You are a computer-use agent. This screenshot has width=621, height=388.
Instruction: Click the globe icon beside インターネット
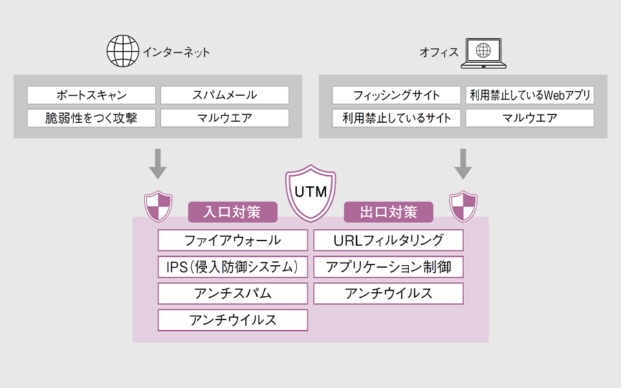click(x=122, y=51)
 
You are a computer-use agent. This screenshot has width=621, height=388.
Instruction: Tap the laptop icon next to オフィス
click(x=483, y=52)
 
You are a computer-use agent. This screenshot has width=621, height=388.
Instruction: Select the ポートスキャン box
click(x=91, y=95)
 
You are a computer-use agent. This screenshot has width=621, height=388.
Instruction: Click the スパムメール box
click(x=224, y=95)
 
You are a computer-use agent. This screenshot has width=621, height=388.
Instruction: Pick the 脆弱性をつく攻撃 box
click(x=91, y=118)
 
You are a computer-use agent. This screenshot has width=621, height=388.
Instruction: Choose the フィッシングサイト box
click(x=397, y=95)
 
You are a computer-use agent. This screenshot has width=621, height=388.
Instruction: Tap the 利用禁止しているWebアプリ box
click(x=529, y=95)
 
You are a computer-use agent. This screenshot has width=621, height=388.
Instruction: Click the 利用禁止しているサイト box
click(x=397, y=118)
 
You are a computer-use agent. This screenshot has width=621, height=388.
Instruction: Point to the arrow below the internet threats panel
click(x=158, y=164)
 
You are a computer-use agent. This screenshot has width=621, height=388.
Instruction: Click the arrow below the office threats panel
click(x=463, y=164)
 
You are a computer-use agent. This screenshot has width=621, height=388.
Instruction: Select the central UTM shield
click(x=310, y=193)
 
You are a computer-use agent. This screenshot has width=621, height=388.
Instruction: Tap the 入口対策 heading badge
click(x=232, y=211)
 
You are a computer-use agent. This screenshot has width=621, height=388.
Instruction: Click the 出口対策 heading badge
click(x=388, y=211)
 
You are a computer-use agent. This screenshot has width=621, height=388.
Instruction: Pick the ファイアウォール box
click(x=233, y=241)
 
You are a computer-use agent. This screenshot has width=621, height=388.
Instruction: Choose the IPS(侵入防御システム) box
click(x=233, y=266)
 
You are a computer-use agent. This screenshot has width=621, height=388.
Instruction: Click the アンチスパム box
click(x=233, y=293)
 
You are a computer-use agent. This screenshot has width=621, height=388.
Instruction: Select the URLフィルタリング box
click(x=388, y=241)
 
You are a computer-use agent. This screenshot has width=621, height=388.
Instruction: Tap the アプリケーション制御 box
click(x=388, y=266)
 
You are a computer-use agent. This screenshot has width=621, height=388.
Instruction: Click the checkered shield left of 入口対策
click(x=158, y=206)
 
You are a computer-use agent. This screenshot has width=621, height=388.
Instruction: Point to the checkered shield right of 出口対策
click(x=463, y=206)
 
